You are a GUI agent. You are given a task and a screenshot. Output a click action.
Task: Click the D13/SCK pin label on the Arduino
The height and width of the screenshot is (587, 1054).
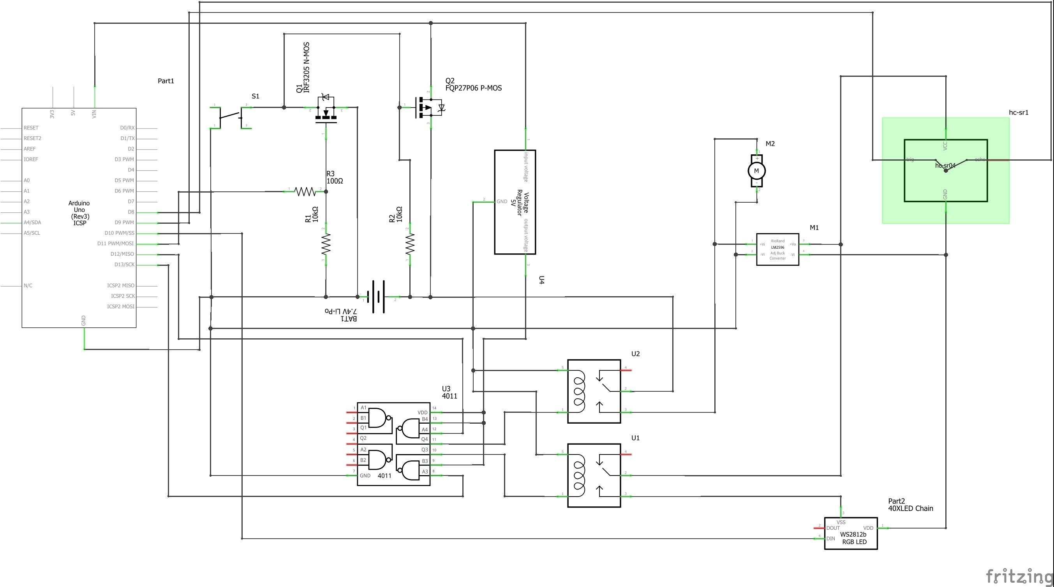(124, 264)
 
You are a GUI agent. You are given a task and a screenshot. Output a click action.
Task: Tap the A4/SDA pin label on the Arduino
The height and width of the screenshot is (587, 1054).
(32, 222)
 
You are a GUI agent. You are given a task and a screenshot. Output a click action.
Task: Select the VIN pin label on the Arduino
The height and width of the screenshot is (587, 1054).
(94, 114)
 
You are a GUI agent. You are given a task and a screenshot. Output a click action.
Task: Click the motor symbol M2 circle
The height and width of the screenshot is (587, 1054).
(756, 171)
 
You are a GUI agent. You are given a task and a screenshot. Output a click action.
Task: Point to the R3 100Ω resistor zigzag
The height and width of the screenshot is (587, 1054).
(305, 191)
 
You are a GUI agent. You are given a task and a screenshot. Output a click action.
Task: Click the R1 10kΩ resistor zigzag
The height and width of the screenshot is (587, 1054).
(326, 244)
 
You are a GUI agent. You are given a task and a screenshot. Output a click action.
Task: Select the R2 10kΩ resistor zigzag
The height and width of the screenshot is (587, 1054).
(410, 244)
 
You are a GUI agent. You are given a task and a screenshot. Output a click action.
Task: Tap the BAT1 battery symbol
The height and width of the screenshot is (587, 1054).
(378, 296)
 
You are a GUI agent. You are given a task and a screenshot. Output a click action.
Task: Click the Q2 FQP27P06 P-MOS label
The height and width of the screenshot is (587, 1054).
(473, 85)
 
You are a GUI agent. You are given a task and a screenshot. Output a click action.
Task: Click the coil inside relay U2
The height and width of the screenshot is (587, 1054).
(579, 391)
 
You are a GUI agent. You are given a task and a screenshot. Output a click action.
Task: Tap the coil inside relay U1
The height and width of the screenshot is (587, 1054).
(579, 475)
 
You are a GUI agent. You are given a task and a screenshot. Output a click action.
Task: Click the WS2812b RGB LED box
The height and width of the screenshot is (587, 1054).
(851, 533)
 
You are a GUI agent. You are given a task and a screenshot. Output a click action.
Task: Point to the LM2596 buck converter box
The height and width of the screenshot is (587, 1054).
(777, 249)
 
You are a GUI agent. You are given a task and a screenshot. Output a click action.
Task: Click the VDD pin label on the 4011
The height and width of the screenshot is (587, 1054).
(422, 412)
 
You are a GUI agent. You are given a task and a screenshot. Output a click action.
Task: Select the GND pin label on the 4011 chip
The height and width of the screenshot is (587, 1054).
(365, 476)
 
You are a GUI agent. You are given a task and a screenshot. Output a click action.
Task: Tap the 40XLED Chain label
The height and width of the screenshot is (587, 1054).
(910, 508)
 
